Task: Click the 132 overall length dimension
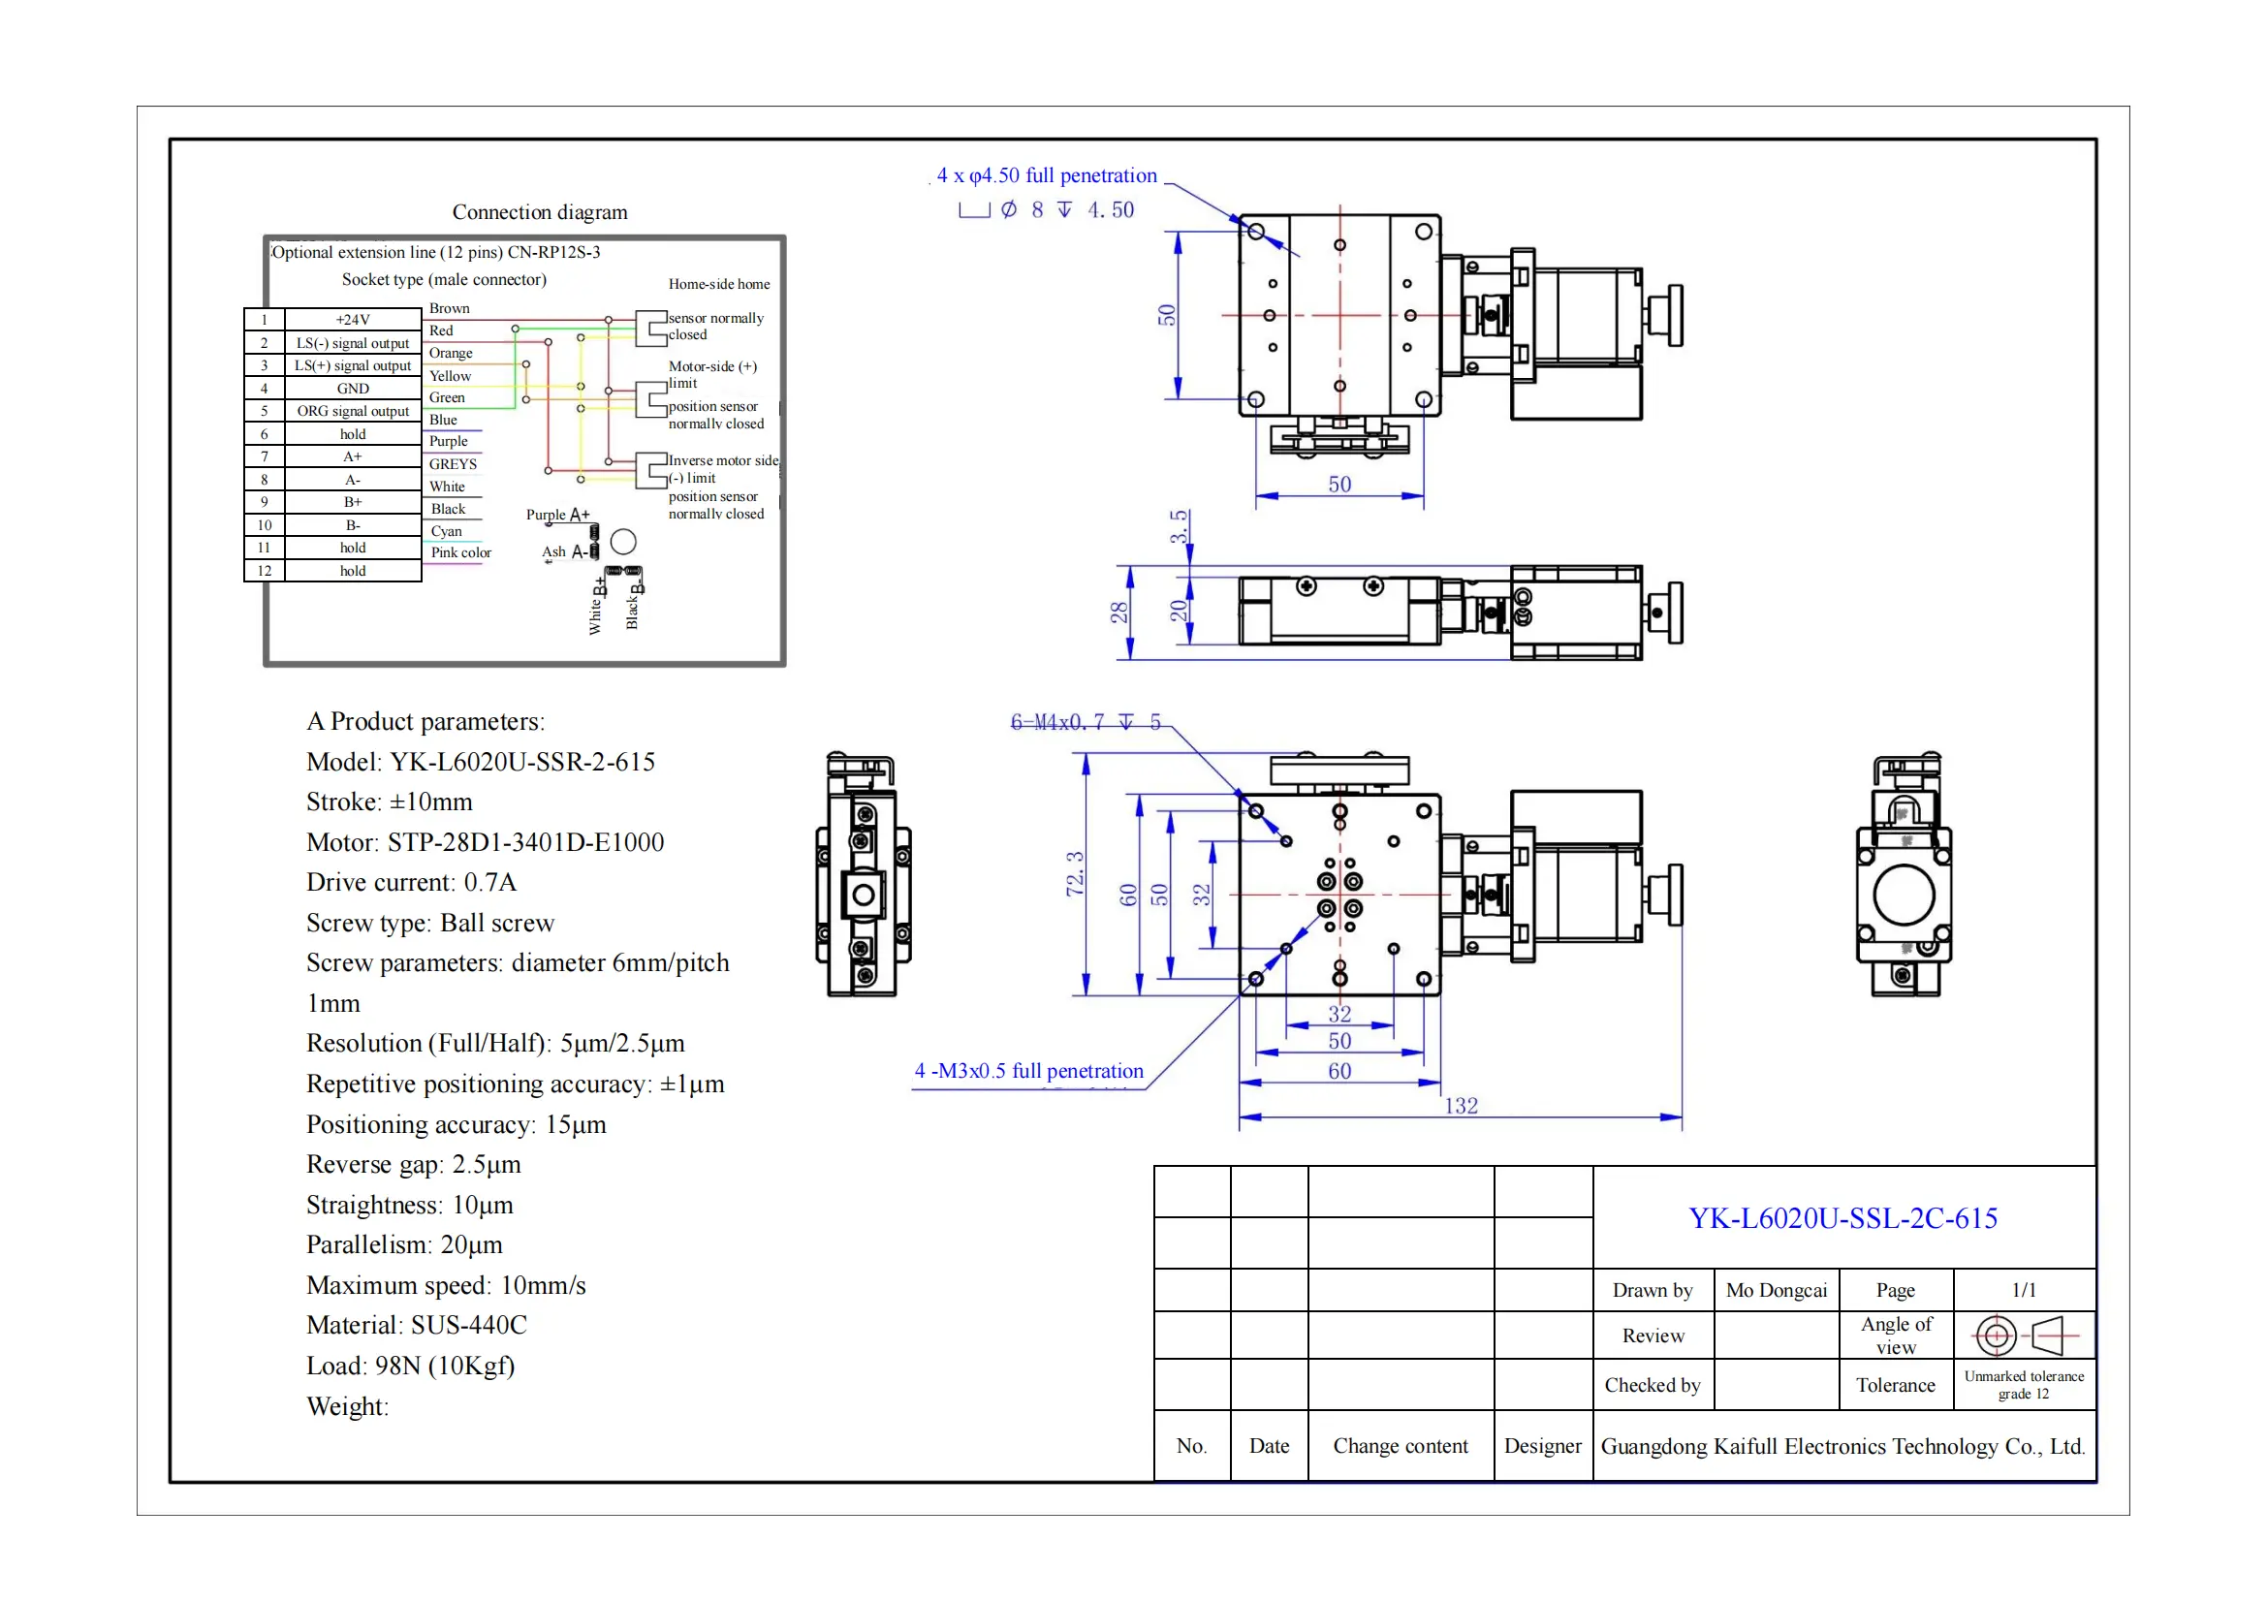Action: pos(1461,1106)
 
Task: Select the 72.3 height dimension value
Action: pos(1074,873)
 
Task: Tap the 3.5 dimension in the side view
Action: pos(1179,527)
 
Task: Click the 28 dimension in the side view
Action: pos(1118,612)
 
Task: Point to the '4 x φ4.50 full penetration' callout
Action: pos(1046,175)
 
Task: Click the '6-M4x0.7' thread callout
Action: pos(1085,723)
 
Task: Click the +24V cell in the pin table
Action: pos(353,320)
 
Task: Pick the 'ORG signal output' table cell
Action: pos(353,412)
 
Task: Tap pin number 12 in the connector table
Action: pos(264,572)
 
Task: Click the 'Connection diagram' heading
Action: pos(539,212)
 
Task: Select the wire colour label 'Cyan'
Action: pos(446,531)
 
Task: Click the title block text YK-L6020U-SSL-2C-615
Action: pos(1842,1218)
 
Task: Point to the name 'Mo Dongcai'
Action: pos(1776,1290)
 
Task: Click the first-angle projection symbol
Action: pos(2024,1336)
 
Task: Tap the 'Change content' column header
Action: pos(1400,1446)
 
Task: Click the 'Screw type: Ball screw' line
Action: pos(429,923)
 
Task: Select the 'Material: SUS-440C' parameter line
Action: pos(416,1325)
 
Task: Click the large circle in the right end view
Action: pos(1903,894)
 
